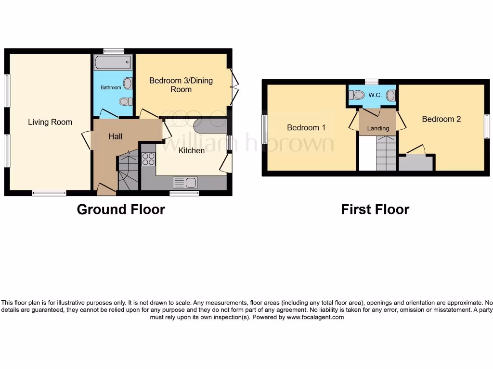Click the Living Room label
(50, 122)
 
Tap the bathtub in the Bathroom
(113, 62)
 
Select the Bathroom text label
(111, 87)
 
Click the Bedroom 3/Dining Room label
(181, 85)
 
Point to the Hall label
(115, 136)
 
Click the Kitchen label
(192, 150)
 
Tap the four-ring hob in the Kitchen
(148, 159)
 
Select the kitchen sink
(185, 183)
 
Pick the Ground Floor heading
(121, 209)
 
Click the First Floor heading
(375, 209)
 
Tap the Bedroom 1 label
(306, 127)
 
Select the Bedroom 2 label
(441, 119)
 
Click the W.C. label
(375, 95)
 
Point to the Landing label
(378, 128)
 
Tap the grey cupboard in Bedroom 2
(416, 163)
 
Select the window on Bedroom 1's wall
(265, 129)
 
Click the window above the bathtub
(114, 51)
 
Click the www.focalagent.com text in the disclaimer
(315, 317)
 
